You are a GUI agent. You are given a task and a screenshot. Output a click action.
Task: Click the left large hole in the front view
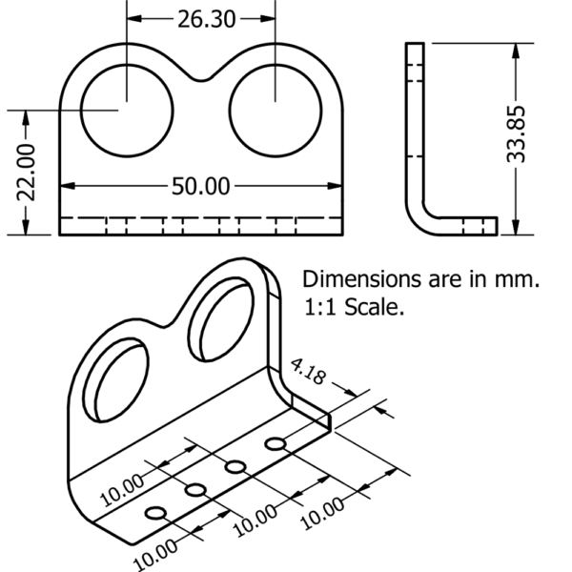126,107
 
